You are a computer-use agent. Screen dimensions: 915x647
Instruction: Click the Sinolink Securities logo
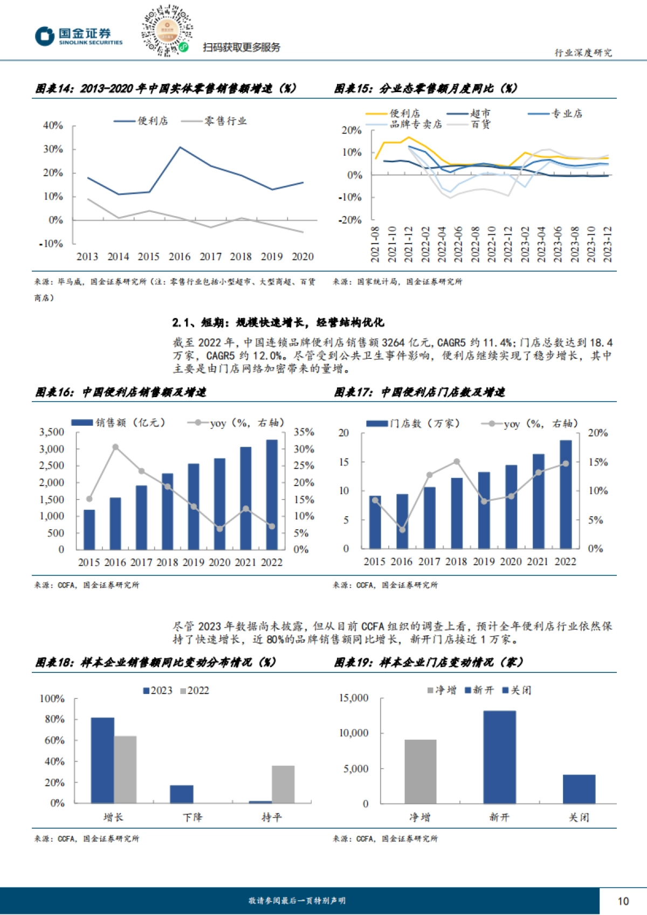point(79,36)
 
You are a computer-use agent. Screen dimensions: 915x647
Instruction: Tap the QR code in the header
point(167,31)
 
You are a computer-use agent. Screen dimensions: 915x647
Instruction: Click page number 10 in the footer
point(623,901)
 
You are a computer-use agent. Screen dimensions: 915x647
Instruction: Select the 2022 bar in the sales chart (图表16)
point(272,494)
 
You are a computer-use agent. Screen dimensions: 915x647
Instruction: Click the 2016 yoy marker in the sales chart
point(115,447)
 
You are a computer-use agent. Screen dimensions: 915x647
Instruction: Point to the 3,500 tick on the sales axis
point(52,432)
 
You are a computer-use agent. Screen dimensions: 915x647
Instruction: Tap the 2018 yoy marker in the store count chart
point(457,462)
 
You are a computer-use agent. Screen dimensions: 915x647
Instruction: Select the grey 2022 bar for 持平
point(283,784)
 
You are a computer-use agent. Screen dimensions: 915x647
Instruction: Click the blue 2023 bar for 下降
point(182,794)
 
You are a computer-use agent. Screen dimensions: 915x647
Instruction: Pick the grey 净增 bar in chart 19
point(420,771)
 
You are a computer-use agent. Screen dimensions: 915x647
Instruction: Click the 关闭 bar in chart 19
point(579,789)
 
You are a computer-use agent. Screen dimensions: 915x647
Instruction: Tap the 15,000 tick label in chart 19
point(354,698)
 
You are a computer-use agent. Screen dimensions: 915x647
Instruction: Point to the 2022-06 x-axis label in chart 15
point(458,244)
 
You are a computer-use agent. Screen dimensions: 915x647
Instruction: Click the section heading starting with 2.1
point(278,322)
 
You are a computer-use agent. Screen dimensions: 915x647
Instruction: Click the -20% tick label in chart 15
point(350,220)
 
